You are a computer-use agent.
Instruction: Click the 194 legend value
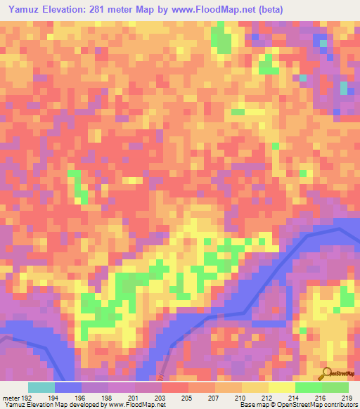pyautogui.click(x=51, y=397)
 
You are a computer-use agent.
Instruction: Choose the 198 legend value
pyautogui.click(x=105, y=397)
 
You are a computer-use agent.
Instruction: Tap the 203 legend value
pyautogui.click(x=160, y=397)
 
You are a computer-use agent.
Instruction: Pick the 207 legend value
pyautogui.click(x=214, y=397)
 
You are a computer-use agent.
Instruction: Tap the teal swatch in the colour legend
pyautogui.click(x=41, y=387)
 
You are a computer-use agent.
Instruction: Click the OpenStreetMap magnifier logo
pyautogui.click(x=325, y=373)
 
